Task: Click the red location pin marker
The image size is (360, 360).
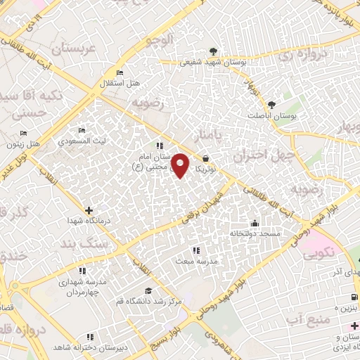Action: point(181,166)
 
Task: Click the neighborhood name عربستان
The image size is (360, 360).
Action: point(74,49)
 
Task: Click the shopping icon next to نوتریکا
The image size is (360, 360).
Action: point(205,159)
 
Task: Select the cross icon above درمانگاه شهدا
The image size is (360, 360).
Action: point(89,210)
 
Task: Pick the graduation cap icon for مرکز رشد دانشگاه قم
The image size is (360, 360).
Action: point(148,291)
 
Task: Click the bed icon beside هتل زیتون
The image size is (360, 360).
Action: point(23,134)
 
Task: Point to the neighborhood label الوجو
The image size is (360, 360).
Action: point(159,41)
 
